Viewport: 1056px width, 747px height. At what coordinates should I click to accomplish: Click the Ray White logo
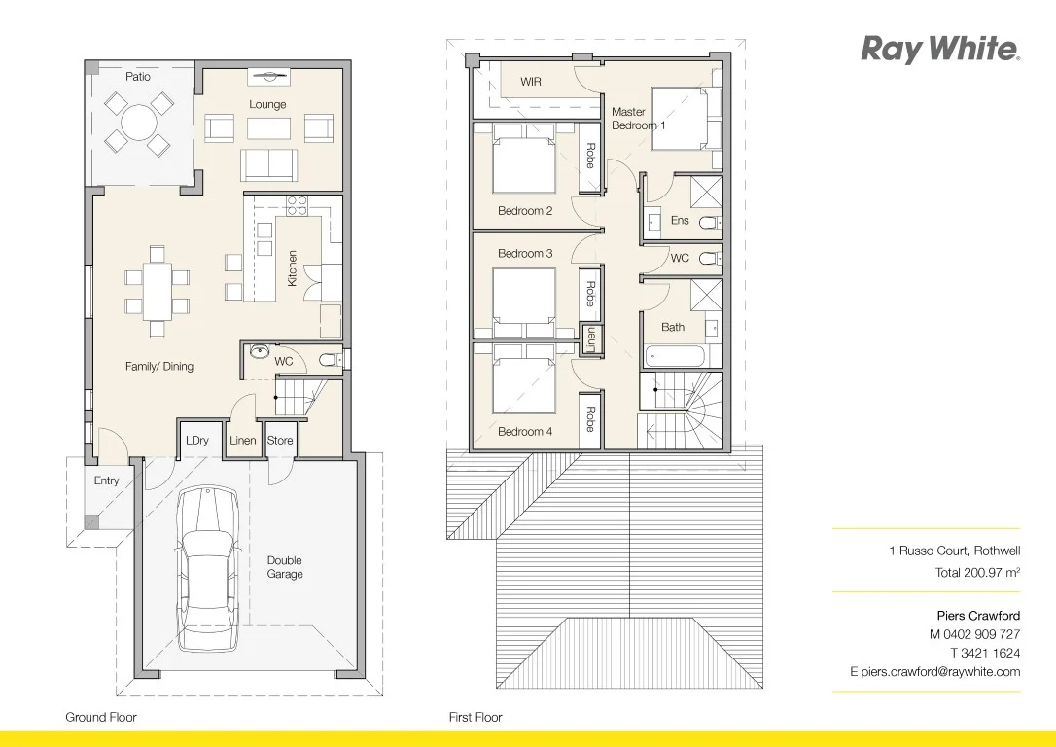(939, 49)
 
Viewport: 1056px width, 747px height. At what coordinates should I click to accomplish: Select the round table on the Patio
(139, 123)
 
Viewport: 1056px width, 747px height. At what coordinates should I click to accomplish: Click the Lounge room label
(267, 104)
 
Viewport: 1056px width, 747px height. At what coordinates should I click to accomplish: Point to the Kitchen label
(292, 268)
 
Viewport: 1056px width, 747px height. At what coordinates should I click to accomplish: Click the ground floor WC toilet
(329, 361)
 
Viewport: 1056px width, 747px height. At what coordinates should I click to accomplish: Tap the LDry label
(197, 441)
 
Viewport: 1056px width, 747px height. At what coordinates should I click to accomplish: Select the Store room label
(280, 441)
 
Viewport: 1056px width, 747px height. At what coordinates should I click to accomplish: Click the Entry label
(107, 480)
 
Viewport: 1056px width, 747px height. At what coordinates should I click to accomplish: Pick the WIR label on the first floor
(531, 82)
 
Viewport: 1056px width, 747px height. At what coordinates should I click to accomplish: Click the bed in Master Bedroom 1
(686, 118)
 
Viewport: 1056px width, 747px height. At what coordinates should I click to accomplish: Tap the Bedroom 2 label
(525, 211)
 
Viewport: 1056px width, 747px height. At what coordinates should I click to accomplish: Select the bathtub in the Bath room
(673, 356)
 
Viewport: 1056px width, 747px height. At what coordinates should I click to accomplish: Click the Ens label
(680, 221)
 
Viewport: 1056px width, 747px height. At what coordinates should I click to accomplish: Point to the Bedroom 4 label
(525, 431)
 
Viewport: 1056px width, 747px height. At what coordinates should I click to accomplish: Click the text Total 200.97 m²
(977, 573)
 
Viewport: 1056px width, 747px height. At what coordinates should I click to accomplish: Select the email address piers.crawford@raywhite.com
(934, 671)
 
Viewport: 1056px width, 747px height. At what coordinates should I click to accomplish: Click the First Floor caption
(475, 717)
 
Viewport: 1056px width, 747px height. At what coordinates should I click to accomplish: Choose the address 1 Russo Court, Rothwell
(954, 551)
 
